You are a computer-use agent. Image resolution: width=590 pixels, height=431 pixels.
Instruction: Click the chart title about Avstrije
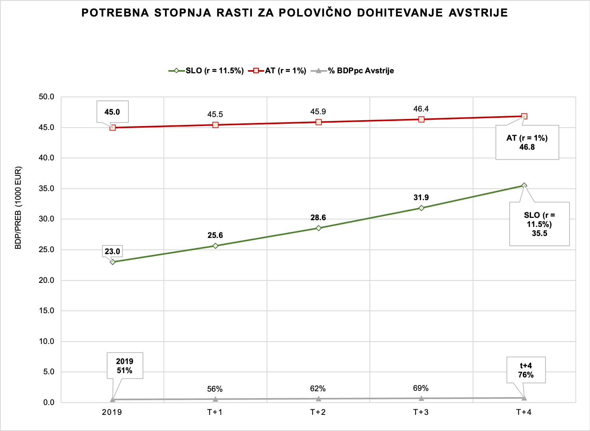pyautogui.click(x=295, y=13)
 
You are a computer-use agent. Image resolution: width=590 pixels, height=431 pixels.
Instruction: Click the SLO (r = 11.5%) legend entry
pyautogui.click(x=206, y=71)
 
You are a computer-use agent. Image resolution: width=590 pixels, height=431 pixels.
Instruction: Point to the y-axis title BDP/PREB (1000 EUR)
pyautogui.click(x=18, y=208)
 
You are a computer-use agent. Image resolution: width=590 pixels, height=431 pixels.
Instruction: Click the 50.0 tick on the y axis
pyautogui.click(x=46, y=97)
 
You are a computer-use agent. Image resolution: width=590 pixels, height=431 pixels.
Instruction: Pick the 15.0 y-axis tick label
pyautogui.click(x=46, y=311)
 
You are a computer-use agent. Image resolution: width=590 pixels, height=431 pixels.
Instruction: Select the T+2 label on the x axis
pyautogui.click(x=318, y=412)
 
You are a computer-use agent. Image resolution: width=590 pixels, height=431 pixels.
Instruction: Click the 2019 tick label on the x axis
pyautogui.click(x=112, y=412)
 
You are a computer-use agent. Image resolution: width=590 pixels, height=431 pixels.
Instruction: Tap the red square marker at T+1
pyautogui.click(x=215, y=125)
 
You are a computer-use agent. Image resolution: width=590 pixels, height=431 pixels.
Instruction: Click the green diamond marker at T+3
pyautogui.click(x=421, y=208)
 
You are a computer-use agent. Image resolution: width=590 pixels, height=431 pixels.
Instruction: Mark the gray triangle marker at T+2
pyautogui.click(x=318, y=399)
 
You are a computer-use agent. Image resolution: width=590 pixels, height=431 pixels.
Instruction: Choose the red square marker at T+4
pyautogui.click(x=524, y=116)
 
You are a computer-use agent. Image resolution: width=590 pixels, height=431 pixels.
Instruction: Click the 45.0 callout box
pyautogui.click(x=113, y=112)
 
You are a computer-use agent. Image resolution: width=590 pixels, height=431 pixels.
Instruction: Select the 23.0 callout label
pyautogui.click(x=113, y=251)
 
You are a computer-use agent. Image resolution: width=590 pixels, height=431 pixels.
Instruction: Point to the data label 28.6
pyautogui.click(x=318, y=218)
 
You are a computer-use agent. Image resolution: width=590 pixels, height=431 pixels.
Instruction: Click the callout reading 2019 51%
pyautogui.click(x=124, y=366)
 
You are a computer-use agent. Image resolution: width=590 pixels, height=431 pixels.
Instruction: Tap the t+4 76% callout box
pyautogui.click(x=526, y=370)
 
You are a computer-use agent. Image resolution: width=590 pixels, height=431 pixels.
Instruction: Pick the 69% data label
pyautogui.click(x=421, y=388)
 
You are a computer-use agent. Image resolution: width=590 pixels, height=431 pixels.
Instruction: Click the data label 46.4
pyautogui.click(x=421, y=109)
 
